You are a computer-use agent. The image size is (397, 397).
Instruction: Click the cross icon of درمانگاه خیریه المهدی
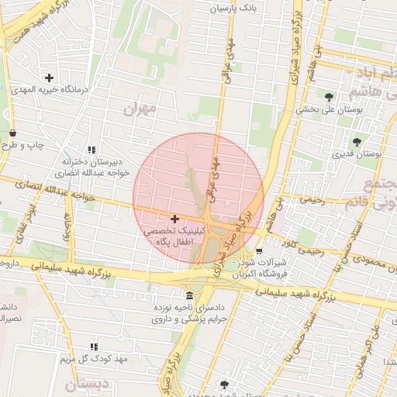(50, 78)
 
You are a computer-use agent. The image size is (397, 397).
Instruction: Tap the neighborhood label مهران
(140, 109)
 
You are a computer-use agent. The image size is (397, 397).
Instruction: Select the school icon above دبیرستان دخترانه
(92, 150)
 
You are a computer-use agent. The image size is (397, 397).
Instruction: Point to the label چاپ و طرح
(23, 145)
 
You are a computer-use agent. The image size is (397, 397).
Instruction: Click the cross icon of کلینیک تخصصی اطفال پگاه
(174, 220)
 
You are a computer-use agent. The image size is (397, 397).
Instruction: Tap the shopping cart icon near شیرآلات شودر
(259, 250)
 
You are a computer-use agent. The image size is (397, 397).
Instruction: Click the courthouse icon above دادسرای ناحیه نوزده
(190, 295)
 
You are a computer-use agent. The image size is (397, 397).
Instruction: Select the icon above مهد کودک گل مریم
(95, 347)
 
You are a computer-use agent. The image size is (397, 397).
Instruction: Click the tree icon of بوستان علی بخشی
(330, 97)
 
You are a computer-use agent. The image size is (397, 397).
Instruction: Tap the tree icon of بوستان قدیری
(357, 142)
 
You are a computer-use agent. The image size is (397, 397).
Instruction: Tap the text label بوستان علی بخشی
(329, 110)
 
